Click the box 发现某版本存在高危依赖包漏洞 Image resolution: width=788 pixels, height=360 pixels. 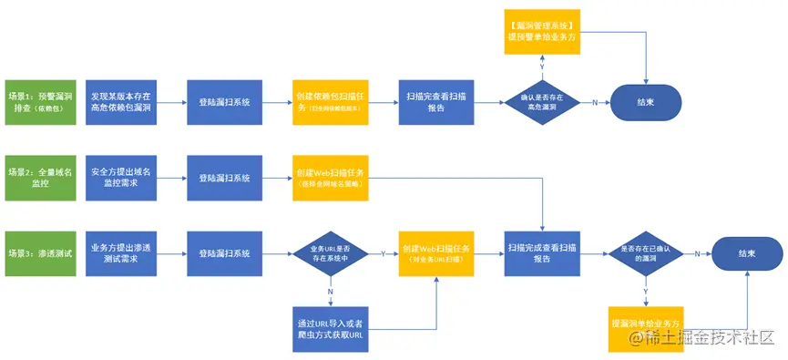(120, 101)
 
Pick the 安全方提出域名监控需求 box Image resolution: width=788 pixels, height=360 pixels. (120, 177)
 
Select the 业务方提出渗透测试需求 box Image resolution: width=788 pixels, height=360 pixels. (120, 252)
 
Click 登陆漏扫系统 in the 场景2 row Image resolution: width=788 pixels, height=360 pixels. (224, 177)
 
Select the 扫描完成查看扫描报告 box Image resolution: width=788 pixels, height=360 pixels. (543, 252)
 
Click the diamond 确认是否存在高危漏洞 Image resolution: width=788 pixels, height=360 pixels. (543, 101)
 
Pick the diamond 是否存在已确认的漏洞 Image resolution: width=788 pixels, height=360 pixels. (646, 252)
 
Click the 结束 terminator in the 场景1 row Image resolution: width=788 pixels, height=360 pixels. (645, 101)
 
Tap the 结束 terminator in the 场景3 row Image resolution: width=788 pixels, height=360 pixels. (747, 252)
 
